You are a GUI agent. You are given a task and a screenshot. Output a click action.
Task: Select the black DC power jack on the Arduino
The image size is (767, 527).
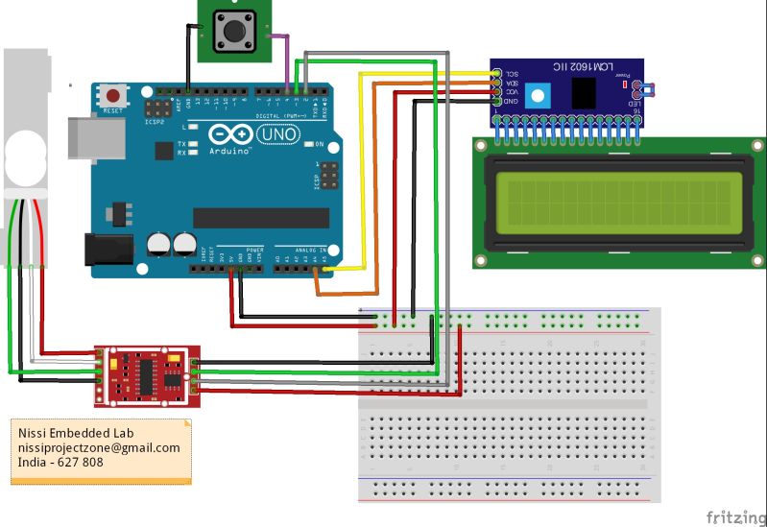point(107,248)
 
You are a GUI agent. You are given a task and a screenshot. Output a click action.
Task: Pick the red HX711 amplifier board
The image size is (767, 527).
point(146,371)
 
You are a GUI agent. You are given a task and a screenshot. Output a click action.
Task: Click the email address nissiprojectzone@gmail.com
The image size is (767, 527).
point(99,448)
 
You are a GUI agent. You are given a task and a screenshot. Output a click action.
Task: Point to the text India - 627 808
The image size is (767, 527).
point(60,463)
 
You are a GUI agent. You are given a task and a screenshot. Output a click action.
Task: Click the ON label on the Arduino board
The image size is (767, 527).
point(321,145)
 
